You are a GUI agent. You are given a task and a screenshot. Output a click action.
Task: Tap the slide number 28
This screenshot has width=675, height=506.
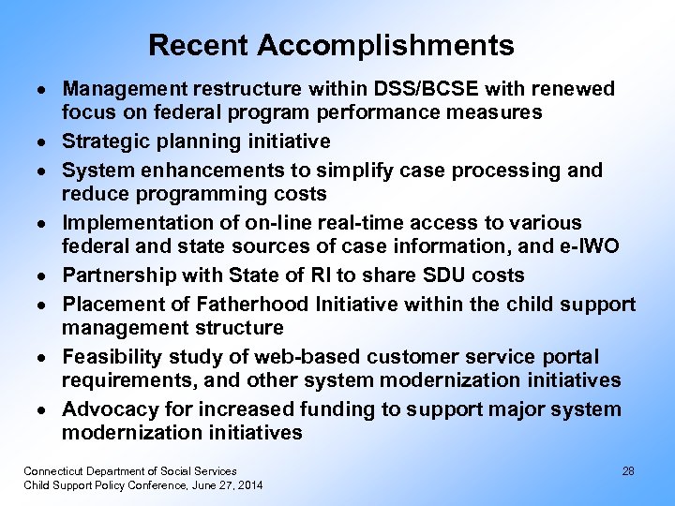point(628,471)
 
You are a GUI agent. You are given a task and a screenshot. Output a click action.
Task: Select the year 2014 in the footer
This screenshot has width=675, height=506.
point(250,484)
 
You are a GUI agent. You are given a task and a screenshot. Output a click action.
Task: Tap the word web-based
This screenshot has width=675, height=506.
point(279,357)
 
